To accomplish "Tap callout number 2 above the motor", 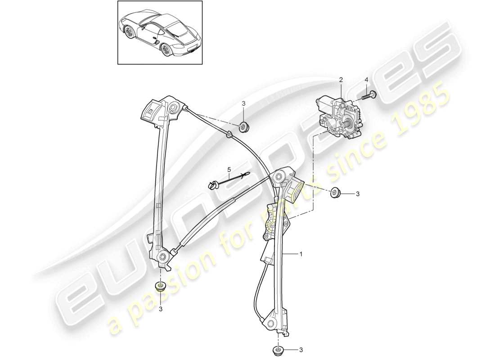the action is coord(341,80).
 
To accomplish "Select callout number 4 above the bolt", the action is coord(366,80).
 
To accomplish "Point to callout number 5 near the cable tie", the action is coord(229,169).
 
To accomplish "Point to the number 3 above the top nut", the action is coord(244,104).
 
